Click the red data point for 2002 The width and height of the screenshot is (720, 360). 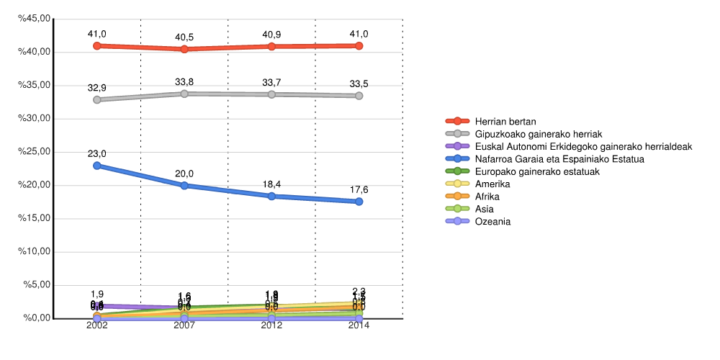[96, 45]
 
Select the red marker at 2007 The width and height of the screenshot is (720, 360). [184, 49]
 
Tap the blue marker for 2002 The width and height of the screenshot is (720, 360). [96, 166]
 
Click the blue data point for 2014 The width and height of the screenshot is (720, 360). [359, 202]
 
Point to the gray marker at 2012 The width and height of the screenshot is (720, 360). [271, 94]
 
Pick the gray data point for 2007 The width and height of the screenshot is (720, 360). [184, 94]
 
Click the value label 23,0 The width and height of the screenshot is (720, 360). [96, 154]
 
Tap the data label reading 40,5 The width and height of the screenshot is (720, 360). [184, 37]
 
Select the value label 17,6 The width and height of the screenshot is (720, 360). [359, 190]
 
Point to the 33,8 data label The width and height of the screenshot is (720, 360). [184, 82]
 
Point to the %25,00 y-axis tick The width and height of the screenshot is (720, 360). [35, 152]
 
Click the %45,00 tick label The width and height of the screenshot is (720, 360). [35, 19]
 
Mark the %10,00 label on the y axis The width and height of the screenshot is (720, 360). [35, 252]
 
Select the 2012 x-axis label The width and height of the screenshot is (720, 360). [271, 325]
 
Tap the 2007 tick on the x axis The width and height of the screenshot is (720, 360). [184, 325]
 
